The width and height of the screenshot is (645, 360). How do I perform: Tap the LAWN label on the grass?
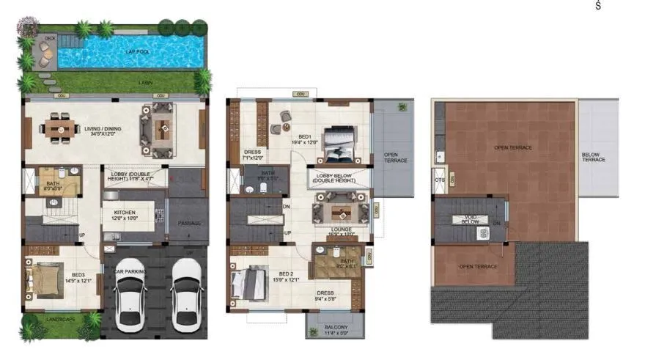coord(146,83)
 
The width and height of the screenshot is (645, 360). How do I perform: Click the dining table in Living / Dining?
coord(62,130)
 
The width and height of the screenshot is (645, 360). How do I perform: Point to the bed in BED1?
coord(339,144)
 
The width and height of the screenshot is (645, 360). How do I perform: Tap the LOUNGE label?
coord(342,229)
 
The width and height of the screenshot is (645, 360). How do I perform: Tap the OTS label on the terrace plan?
coord(440,180)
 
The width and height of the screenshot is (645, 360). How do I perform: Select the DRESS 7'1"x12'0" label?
coord(253,155)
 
